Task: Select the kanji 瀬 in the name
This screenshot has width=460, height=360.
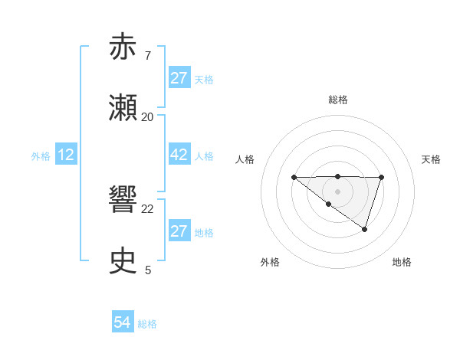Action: click(x=123, y=108)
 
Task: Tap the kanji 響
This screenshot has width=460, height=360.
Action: click(x=123, y=200)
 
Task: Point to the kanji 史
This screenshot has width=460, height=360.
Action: click(x=123, y=261)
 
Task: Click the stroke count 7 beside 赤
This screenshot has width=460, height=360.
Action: click(x=147, y=56)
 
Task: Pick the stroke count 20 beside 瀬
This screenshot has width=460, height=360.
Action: click(x=148, y=117)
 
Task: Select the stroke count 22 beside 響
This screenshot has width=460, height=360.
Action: click(x=148, y=208)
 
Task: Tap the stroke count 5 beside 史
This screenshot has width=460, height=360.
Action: click(x=148, y=270)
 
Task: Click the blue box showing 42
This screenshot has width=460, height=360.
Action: click(x=179, y=155)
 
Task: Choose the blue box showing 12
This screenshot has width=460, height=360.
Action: click(x=66, y=155)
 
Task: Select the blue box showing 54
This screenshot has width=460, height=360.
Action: click(x=123, y=323)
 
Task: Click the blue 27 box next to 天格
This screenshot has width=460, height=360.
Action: click(x=179, y=78)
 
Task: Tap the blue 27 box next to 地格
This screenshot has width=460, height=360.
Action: click(x=179, y=231)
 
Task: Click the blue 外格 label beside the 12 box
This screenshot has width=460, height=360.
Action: click(x=41, y=155)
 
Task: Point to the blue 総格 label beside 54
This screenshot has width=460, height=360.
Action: click(x=147, y=324)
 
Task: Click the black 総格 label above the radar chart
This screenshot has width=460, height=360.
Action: click(x=337, y=100)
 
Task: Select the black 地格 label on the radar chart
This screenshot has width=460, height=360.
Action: click(x=402, y=262)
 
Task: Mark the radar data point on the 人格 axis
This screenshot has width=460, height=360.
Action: click(x=294, y=178)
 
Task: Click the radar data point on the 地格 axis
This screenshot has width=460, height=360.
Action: click(x=365, y=229)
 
